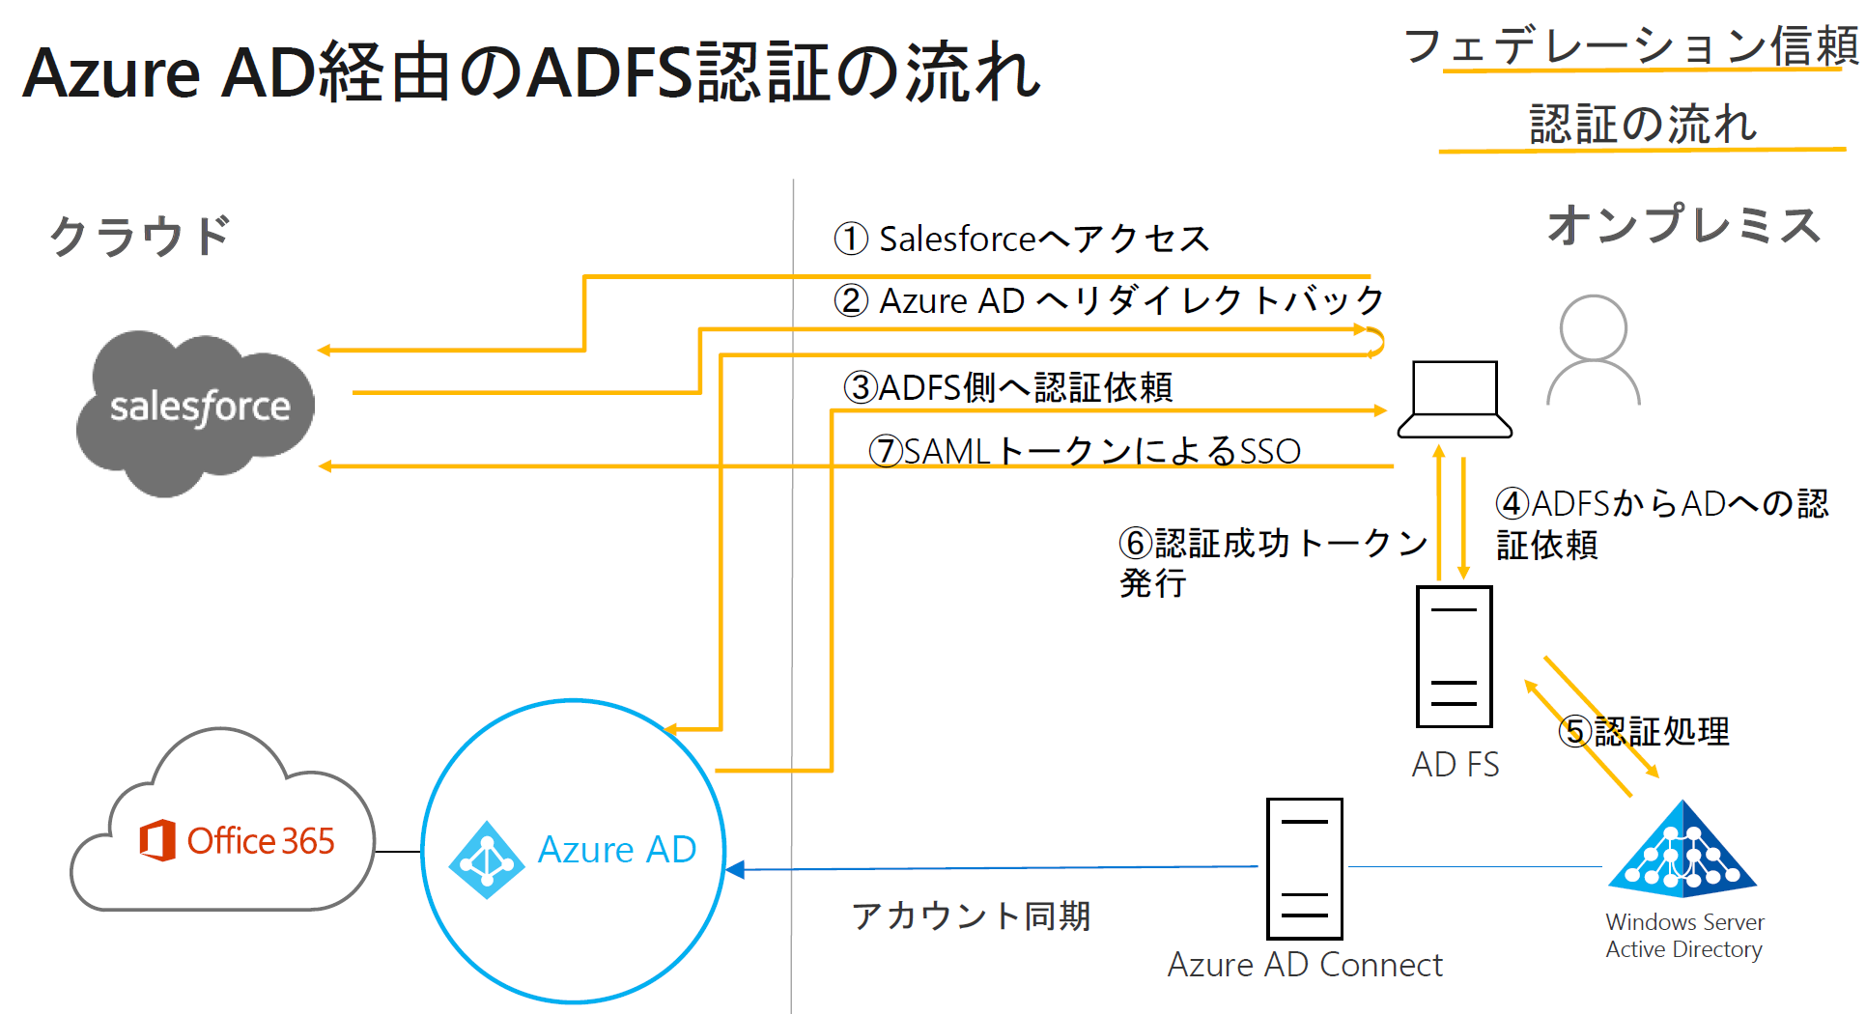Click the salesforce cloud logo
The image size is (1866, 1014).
point(198,410)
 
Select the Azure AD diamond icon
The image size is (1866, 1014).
point(486,859)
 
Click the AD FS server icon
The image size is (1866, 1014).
point(1454,657)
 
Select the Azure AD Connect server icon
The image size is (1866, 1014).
point(1304,868)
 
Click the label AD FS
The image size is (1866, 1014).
point(1455,765)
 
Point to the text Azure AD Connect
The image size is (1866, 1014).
point(1304,965)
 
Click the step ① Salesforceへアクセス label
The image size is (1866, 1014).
point(1022,239)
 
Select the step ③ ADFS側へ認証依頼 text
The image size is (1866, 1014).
point(1008,387)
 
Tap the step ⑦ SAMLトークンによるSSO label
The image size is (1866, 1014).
point(1085,451)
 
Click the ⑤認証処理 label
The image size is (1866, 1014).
point(1644,731)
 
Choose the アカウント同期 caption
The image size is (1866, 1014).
point(971,915)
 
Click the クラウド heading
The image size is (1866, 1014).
point(140,236)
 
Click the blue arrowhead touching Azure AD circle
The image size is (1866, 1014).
point(735,869)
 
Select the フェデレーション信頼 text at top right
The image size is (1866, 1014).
point(1630,45)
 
